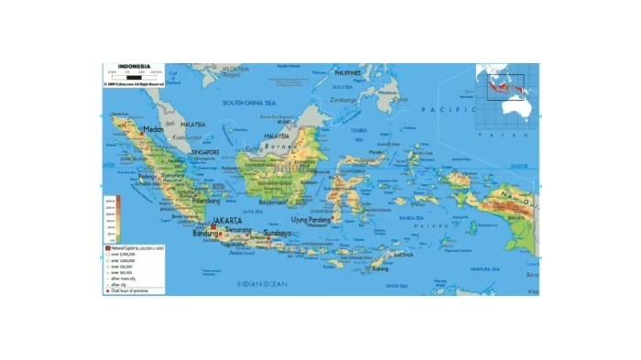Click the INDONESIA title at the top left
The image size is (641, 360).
pyautogui.click(x=128, y=67)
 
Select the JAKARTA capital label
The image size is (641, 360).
pyautogui.click(x=226, y=222)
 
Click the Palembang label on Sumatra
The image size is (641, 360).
pyautogui.click(x=207, y=200)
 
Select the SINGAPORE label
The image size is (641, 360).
pyautogui.click(x=203, y=152)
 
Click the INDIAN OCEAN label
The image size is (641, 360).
pyautogui.click(x=262, y=284)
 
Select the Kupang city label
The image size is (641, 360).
pyautogui.click(x=379, y=268)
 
